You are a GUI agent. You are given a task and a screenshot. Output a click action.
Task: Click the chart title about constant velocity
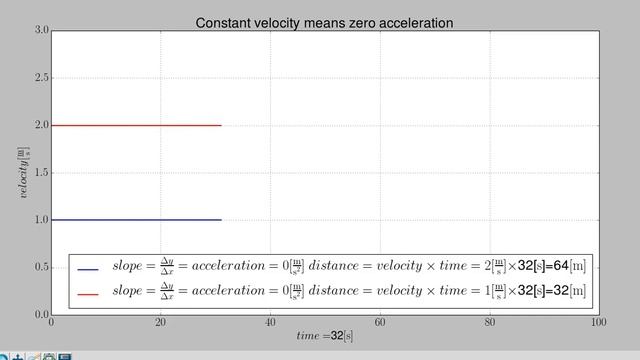pyautogui.click(x=324, y=22)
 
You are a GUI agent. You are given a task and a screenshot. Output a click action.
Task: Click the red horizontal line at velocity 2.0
pyautogui.click(x=135, y=125)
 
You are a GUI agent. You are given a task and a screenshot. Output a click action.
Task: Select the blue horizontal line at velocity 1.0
pyautogui.click(x=135, y=219)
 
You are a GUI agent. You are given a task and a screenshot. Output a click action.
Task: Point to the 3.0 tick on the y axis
pyautogui.click(x=40, y=31)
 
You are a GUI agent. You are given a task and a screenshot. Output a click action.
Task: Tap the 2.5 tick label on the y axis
pyautogui.click(x=40, y=78)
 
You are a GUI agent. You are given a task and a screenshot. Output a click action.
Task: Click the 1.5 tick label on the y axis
pyautogui.click(x=40, y=172)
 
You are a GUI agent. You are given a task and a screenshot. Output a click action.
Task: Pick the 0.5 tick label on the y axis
pyautogui.click(x=40, y=267)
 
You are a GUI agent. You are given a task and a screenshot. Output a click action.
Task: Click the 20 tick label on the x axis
pyautogui.click(x=160, y=323)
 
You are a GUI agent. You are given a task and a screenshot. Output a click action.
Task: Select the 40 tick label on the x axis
pyautogui.click(x=270, y=323)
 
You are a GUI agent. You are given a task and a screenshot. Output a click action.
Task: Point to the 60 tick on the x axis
pyautogui.click(x=380, y=323)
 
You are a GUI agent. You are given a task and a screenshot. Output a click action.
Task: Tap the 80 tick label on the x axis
pyautogui.click(x=489, y=323)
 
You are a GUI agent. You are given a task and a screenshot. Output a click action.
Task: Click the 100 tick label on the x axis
pyautogui.click(x=598, y=323)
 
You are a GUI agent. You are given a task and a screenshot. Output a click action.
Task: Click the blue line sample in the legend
pyautogui.click(x=88, y=269)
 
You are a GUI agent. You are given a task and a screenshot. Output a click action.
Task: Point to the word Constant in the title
pyautogui.click(x=223, y=22)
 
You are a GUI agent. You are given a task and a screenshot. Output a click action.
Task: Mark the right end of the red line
pyautogui.click(x=221, y=125)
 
